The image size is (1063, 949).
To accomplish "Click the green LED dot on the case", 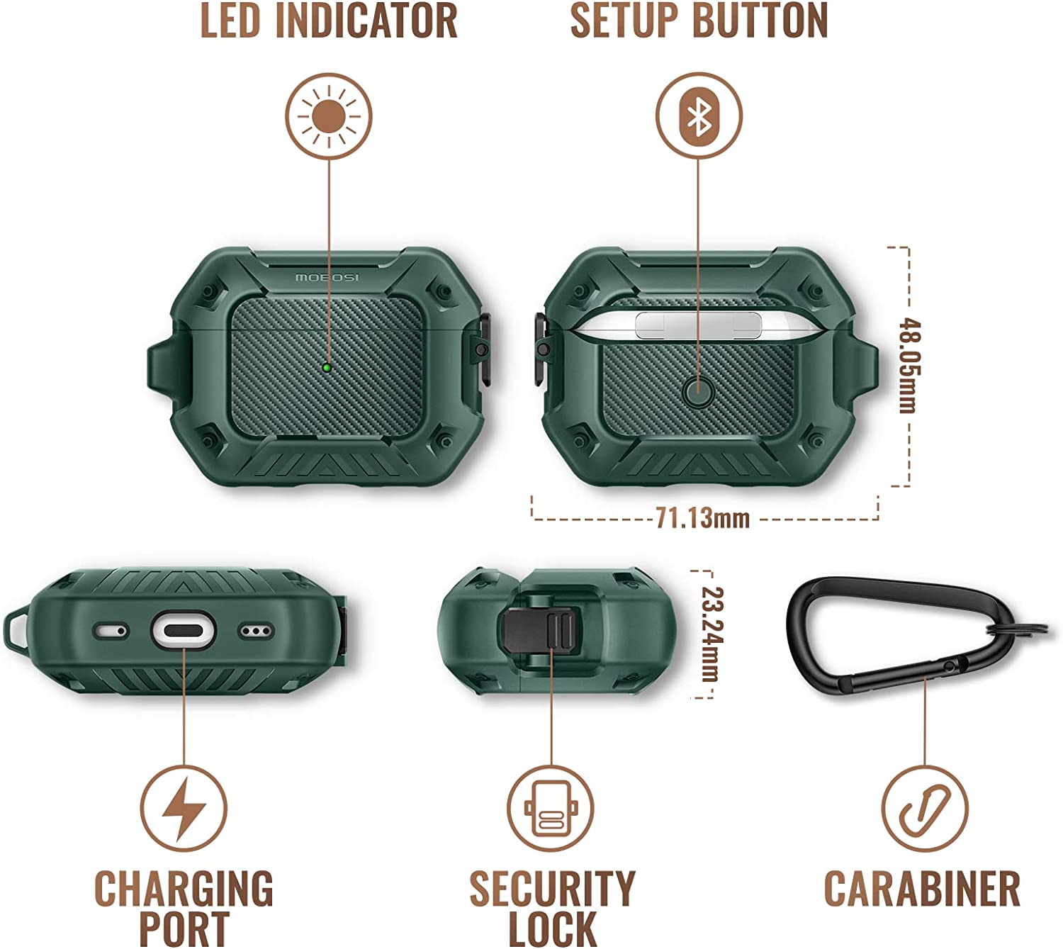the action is [x=327, y=367].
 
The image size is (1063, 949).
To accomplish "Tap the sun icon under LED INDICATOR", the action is [x=329, y=116].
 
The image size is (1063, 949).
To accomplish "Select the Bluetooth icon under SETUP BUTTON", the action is [x=699, y=116].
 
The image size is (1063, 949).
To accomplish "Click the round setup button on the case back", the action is [x=698, y=393].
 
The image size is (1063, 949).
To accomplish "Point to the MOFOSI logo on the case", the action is [x=327, y=277].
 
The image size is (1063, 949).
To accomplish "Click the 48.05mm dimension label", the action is [x=909, y=365].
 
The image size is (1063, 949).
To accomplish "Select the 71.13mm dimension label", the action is [x=702, y=518].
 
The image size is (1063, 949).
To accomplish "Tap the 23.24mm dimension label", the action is [x=712, y=634].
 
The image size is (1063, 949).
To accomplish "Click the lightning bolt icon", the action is [x=184, y=809].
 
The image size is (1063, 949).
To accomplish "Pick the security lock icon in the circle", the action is [x=551, y=809].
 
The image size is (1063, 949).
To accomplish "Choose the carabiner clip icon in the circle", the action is [x=925, y=809].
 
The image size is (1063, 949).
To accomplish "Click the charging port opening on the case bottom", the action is [x=183, y=630].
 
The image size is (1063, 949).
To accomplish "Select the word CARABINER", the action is [x=922, y=888].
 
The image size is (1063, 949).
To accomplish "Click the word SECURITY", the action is [x=552, y=888].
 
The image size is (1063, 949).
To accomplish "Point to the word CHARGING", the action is [x=184, y=888].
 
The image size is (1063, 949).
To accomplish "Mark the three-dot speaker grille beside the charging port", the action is [x=256, y=630].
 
